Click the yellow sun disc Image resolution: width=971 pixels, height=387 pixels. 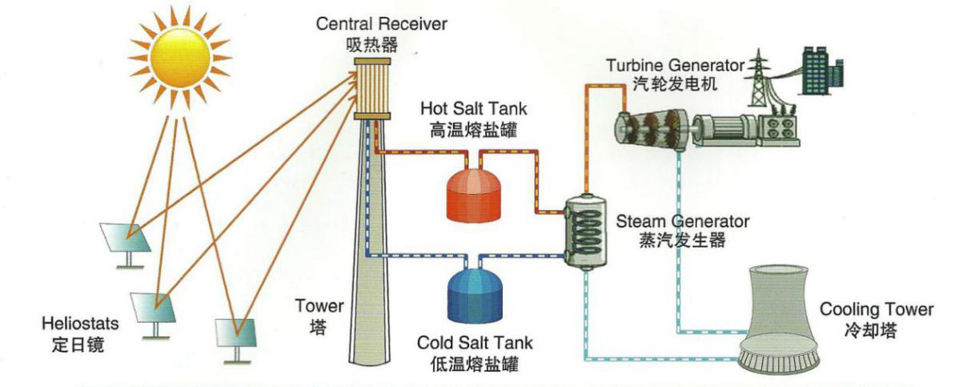(180, 57)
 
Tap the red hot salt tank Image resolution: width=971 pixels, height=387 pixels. (474, 196)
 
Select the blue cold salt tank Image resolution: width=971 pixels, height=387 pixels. (474, 296)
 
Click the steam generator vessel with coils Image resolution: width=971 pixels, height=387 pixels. (586, 232)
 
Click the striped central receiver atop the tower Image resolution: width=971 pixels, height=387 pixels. (372, 89)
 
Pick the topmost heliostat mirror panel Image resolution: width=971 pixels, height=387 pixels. (125, 238)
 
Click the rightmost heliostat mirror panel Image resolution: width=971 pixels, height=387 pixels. (235, 333)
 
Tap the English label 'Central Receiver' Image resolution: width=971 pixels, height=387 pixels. (382, 24)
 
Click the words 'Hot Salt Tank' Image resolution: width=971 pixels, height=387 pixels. (474, 108)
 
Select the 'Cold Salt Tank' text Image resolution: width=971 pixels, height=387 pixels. (475, 343)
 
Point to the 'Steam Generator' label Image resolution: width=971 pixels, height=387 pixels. (682, 221)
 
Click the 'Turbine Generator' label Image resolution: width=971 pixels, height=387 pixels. (676, 66)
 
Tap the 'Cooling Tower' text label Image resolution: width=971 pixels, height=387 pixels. (876, 309)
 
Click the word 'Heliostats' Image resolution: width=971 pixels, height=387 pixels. (80, 324)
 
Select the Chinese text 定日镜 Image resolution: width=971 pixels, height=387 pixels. (78, 345)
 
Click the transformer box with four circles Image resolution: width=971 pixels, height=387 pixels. (780, 129)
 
